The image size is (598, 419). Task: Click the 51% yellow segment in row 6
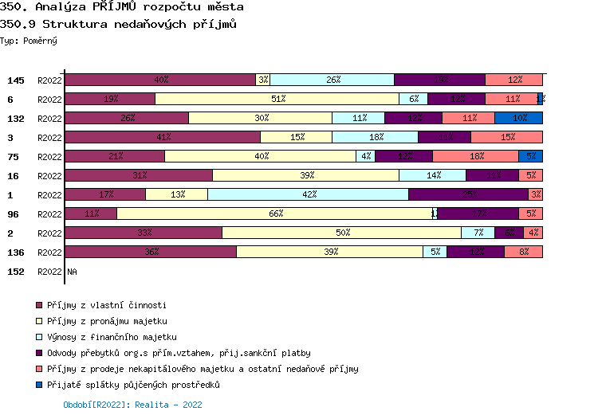click(277, 99)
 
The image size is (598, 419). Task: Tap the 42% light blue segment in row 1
click(308, 194)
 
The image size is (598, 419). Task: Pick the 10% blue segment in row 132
click(519, 118)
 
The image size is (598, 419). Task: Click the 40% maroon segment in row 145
click(160, 80)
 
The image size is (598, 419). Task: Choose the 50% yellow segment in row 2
click(341, 233)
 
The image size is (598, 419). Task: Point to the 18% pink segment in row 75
click(475, 156)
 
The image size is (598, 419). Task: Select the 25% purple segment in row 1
click(468, 194)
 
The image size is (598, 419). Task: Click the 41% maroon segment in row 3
click(163, 137)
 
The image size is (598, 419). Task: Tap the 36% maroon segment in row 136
click(151, 252)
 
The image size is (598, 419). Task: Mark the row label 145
click(15, 80)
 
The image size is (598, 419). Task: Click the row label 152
click(15, 272)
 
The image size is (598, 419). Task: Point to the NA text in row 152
click(73, 272)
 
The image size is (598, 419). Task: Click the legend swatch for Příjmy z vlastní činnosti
click(38, 305)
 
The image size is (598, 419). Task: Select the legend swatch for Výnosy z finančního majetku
click(38, 337)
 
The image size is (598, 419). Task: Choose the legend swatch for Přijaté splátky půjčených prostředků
click(38, 385)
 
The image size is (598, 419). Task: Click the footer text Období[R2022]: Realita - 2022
click(132, 405)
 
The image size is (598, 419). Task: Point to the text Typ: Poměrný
click(29, 40)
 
